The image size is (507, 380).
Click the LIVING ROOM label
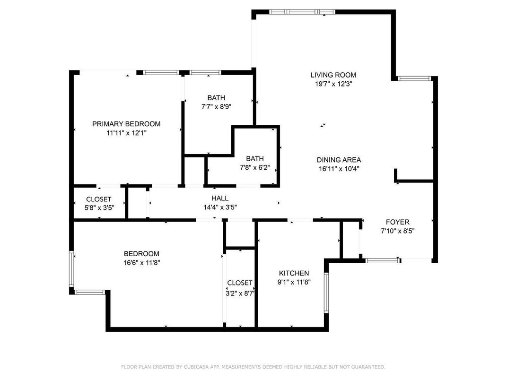coord(333,75)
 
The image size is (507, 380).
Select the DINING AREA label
coord(339,160)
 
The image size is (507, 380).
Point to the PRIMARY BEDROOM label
coord(126,124)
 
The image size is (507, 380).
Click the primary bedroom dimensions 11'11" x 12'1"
coord(126,133)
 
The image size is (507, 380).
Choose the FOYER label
coord(397,222)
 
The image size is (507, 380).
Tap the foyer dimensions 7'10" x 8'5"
coord(397,231)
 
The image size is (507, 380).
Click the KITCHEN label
coord(294,273)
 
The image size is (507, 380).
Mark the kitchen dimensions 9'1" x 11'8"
coord(294,283)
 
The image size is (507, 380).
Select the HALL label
coord(219,199)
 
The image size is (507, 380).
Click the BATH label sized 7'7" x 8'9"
coord(216,98)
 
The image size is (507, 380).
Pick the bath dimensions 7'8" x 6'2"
coord(254,167)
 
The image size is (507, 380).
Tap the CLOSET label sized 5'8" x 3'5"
coord(99,199)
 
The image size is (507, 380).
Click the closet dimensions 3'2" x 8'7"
coord(240,293)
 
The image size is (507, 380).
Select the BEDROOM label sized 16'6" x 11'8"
coord(141,253)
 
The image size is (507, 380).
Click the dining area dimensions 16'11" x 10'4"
coord(339,169)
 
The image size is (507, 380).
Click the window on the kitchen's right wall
coord(326,293)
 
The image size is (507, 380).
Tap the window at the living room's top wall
coord(302,12)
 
